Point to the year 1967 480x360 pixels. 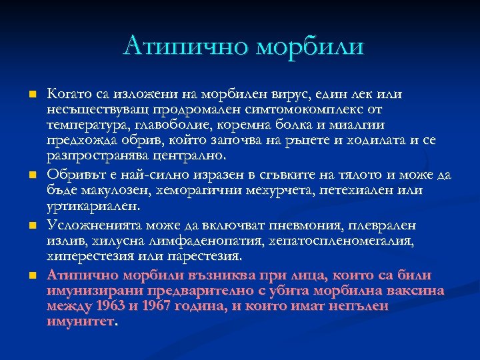click(149, 306)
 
